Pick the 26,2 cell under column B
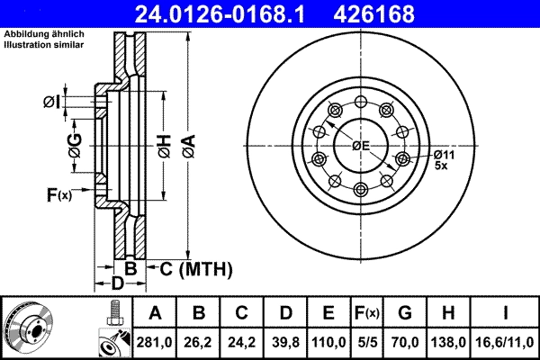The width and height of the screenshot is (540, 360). (x=200, y=341)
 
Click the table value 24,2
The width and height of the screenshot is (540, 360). (x=243, y=341)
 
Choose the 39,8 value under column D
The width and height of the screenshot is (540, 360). (x=285, y=341)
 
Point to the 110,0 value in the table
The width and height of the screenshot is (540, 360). (x=328, y=341)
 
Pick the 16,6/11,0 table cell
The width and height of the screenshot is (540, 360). (x=506, y=341)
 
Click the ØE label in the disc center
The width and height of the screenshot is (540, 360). (x=361, y=145)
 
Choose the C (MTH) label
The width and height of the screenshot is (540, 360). (x=191, y=268)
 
